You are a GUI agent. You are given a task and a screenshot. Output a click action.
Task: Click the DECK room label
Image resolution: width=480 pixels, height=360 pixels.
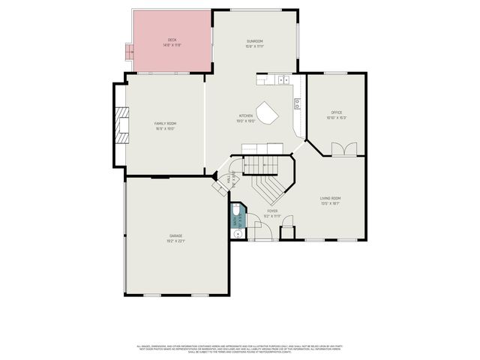[172, 40]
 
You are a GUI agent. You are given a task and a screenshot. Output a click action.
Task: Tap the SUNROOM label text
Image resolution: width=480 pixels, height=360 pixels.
[255, 41]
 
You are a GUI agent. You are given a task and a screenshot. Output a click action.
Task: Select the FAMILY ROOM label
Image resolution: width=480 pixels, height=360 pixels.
[165, 123]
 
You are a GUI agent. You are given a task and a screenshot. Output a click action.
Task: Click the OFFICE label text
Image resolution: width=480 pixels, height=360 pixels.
[337, 112]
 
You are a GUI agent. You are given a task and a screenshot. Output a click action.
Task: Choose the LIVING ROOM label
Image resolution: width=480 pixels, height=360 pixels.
[331, 198]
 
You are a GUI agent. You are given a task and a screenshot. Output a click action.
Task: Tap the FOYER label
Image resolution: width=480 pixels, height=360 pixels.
[272, 211]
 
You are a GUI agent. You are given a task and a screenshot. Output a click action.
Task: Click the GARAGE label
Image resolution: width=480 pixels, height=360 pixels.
[175, 236]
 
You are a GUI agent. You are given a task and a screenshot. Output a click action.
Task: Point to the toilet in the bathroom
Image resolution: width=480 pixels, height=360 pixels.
[237, 219]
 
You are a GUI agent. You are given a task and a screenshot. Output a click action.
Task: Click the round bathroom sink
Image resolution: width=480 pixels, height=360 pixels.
[237, 233]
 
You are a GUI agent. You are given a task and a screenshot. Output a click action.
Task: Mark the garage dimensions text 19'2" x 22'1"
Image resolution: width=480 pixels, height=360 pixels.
[175, 241]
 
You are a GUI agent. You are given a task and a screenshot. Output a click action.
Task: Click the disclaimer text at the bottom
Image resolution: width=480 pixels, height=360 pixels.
[240, 349]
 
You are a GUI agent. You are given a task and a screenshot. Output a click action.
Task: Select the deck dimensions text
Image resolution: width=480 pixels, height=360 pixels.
[172, 45]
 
